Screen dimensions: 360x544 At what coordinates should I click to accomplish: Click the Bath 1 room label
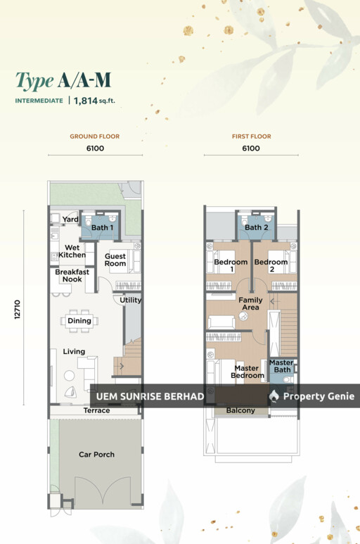tap(102, 227)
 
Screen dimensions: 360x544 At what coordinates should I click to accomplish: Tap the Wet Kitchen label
tap(72, 251)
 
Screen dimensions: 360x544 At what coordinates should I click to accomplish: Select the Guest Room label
tap(115, 260)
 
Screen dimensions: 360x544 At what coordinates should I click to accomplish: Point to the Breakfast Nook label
tap(72, 275)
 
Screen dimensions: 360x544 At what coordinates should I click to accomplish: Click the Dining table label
tap(79, 321)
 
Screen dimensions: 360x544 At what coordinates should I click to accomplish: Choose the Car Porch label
tap(96, 455)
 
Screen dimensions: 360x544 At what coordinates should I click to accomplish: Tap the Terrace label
tap(96, 410)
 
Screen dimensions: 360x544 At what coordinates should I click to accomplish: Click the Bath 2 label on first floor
tap(257, 227)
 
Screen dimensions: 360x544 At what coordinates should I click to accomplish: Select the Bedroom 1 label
tap(231, 265)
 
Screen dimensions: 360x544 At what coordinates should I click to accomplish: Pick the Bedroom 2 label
tap(271, 265)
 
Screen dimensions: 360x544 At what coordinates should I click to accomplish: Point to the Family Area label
tap(250, 303)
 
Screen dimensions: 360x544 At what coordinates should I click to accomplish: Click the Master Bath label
tap(281, 366)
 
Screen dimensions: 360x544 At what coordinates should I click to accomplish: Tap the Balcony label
tap(240, 410)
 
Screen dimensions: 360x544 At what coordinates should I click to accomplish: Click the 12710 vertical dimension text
tap(18, 310)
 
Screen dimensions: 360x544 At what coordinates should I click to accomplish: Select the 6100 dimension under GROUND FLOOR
tap(96, 148)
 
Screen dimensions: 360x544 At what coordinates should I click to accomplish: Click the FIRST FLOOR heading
tap(252, 137)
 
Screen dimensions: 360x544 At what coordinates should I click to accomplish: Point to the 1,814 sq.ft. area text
tap(94, 101)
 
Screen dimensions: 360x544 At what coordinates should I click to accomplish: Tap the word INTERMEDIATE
tap(39, 101)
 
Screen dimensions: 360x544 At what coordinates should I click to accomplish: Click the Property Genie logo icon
tap(274, 396)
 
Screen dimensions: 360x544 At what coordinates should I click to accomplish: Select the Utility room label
tap(131, 300)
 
